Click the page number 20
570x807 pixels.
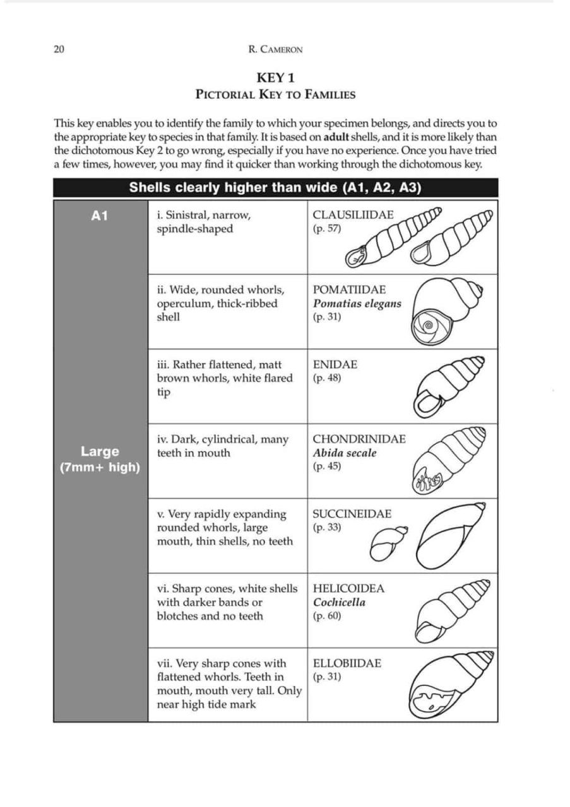(x=59, y=50)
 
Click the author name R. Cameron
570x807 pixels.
(x=276, y=50)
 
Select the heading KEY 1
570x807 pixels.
(x=275, y=78)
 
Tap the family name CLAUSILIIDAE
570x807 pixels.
(x=353, y=215)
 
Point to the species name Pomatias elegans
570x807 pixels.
(x=357, y=303)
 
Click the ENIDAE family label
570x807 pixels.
(x=335, y=364)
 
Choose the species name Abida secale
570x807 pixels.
(x=344, y=453)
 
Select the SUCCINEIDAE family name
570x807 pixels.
(x=352, y=514)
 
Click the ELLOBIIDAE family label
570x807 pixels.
(x=347, y=663)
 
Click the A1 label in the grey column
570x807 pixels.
(x=100, y=216)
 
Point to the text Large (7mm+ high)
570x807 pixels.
(x=100, y=460)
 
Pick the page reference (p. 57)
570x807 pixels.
(x=326, y=229)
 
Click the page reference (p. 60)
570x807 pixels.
(x=326, y=616)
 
